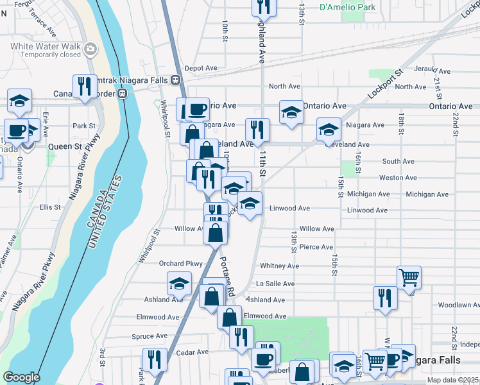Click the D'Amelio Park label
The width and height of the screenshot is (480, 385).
click(347, 8)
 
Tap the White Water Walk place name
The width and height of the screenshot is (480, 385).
click(46, 46)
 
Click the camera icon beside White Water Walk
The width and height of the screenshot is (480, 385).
click(91, 47)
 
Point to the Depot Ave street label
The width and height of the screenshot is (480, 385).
click(201, 68)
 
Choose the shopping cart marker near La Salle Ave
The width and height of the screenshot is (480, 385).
click(409, 277)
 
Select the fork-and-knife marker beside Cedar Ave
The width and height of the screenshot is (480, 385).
click(155, 359)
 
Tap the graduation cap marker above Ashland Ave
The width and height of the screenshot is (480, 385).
click(179, 283)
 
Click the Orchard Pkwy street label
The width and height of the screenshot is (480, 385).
click(180, 264)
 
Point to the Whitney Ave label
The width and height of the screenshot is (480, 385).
click(279, 266)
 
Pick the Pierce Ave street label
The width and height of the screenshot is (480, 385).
click(316, 247)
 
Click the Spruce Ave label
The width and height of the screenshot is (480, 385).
click(151, 336)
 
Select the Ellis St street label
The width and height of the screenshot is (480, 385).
click(49, 207)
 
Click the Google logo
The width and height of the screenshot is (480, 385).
click(21, 378)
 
